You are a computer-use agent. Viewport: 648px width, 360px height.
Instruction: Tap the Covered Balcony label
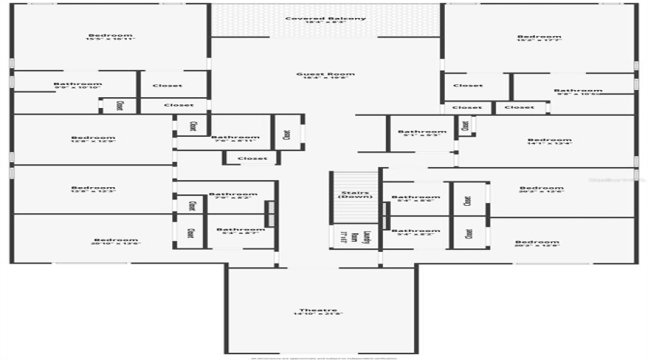(x=325, y=18)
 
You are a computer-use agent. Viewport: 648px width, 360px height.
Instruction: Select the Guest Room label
(x=325, y=73)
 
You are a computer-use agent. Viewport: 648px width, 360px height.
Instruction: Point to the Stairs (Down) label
(x=354, y=195)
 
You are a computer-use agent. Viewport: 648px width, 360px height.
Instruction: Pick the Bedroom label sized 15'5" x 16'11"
(x=110, y=35)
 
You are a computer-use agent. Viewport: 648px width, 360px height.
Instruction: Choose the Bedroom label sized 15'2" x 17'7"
(x=539, y=37)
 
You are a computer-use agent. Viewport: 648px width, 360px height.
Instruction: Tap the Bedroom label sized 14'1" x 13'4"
(x=549, y=140)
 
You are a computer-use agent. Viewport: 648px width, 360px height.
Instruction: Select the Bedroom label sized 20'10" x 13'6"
(x=115, y=240)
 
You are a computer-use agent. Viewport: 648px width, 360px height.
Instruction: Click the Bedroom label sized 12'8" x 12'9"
(x=93, y=138)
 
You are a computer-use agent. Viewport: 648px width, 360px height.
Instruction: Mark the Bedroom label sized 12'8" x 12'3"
(x=93, y=188)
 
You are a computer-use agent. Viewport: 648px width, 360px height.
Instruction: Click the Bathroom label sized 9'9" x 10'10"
(x=78, y=84)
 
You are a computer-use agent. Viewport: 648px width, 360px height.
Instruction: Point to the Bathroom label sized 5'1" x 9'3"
(x=422, y=131)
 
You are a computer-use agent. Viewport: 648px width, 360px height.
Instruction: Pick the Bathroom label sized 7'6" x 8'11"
(x=235, y=137)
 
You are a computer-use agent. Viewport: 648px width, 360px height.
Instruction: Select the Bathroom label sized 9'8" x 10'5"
(x=578, y=91)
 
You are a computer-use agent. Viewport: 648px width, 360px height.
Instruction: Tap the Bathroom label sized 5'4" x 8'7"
(x=240, y=230)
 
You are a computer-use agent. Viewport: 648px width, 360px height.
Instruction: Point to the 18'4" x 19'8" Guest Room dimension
(x=325, y=78)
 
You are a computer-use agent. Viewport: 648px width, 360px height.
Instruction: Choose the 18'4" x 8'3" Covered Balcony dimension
(x=325, y=23)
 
